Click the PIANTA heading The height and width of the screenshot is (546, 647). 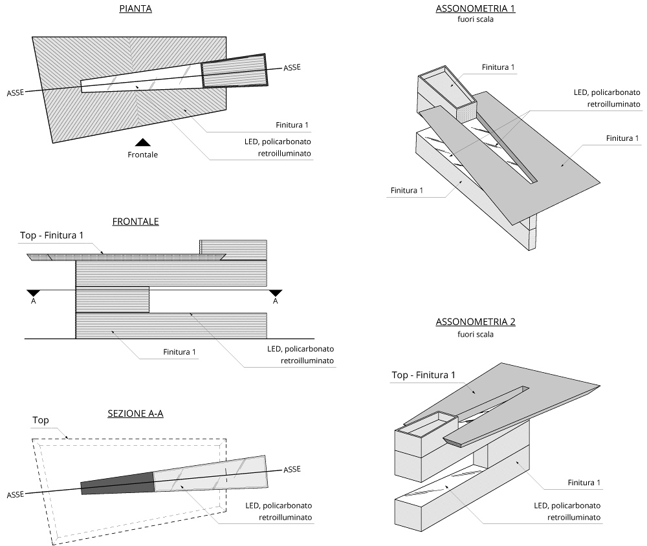tap(136, 10)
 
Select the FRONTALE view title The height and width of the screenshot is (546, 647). tap(135, 222)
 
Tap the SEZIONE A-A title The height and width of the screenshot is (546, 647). tap(135, 414)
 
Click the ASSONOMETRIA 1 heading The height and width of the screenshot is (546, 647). tap(476, 9)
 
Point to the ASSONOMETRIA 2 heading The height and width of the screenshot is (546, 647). tap(476, 322)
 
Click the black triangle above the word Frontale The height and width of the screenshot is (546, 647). tap(143, 142)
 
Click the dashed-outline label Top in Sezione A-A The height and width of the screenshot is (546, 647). tap(41, 420)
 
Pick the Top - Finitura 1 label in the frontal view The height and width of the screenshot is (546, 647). tap(52, 236)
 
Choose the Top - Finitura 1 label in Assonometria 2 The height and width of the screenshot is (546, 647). tap(424, 375)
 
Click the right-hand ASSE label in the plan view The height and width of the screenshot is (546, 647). tap(292, 67)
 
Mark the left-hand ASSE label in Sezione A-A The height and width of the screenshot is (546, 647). tap(16, 494)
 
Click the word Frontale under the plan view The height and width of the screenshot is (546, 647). tap(142, 154)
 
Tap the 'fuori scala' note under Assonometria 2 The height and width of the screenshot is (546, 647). tap(476, 334)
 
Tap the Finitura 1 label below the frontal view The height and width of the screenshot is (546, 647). tap(179, 352)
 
